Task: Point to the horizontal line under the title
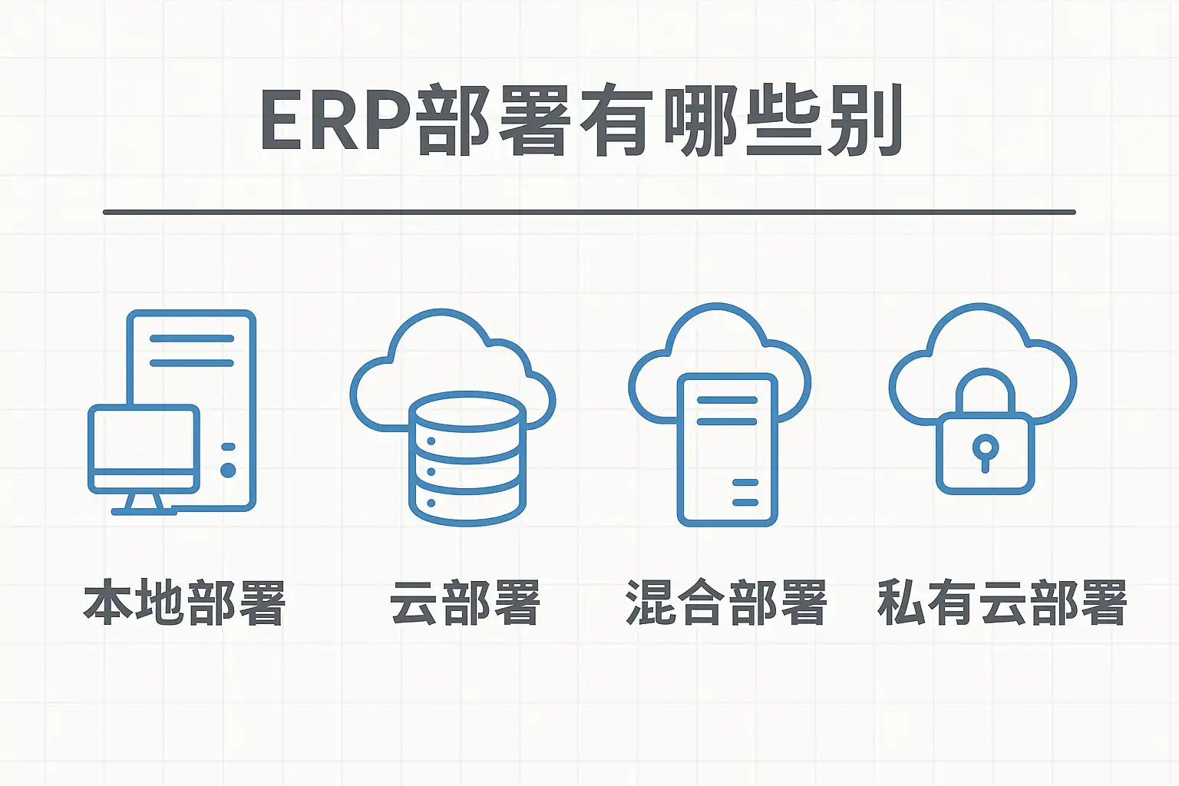[589, 212]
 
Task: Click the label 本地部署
[184, 603]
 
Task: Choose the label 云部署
[465, 603]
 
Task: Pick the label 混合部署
[726, 603]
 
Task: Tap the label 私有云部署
[1002, 603]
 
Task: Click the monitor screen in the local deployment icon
[144, 439]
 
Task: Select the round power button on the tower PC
[228, 470]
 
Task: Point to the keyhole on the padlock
[985, 448]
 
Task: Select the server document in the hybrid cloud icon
[727, 449]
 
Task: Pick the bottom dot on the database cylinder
[431, 503]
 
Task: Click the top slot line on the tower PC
[191, 339]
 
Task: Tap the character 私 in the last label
[901, 603]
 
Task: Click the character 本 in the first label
[108, 603]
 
